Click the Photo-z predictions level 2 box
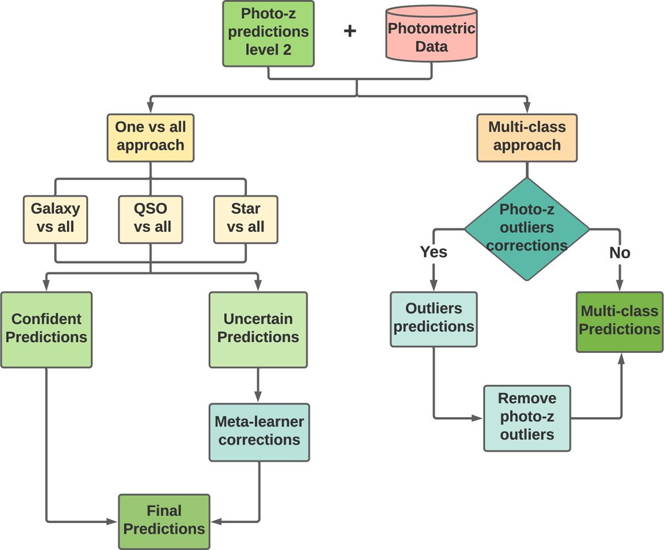(x=268, y=33)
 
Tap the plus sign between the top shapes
(x=350, y=31)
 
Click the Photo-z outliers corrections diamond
(x=527, y=228)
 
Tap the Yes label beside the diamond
(x=434, y=253)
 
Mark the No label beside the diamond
(x=620, y=253)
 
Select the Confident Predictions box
(x=46, y=328)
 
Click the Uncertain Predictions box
(x=258, y=328)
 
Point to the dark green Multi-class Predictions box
(x=620, y=321)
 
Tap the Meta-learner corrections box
(x=259, y=431)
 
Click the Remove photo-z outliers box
(x=527, y=417)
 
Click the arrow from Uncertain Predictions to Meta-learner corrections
(x=258, y=385)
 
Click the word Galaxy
(x=55, y=209)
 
